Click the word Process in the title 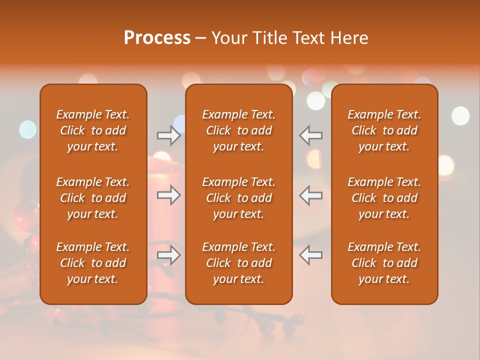157,38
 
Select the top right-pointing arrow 168,135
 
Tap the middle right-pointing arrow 168,195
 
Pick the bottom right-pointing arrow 168,255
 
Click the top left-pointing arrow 311,135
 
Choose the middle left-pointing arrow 311,195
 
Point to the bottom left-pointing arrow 311,255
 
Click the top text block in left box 93,130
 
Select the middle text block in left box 93,198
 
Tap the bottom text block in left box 93,263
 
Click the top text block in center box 239,130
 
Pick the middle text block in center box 239,198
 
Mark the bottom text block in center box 239,263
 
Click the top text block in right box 384,130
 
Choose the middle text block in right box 384,198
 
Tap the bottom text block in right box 384,263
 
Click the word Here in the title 349,38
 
